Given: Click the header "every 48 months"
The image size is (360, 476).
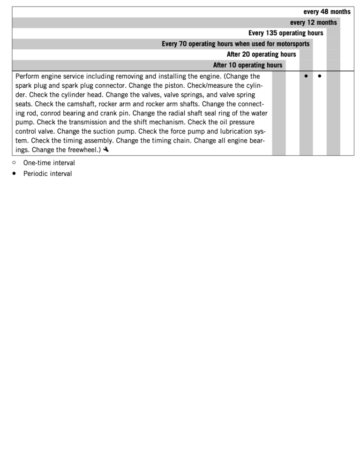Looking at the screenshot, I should [327, 12].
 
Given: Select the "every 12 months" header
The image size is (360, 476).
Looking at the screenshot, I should [313, 23].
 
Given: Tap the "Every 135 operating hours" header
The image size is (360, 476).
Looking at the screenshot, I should [285, 33].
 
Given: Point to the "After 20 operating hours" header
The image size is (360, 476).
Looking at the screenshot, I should [261, 54].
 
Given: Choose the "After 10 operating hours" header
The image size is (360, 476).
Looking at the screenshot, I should [247, 65].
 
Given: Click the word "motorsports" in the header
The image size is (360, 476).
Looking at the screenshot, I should [291, 44].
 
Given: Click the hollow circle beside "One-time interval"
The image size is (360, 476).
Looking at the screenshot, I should [14, 163].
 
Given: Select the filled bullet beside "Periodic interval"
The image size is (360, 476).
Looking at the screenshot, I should [14, 173].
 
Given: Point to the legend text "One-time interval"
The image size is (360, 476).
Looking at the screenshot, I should [49, 163].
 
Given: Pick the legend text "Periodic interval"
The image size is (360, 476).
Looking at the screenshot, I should [47, 174].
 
